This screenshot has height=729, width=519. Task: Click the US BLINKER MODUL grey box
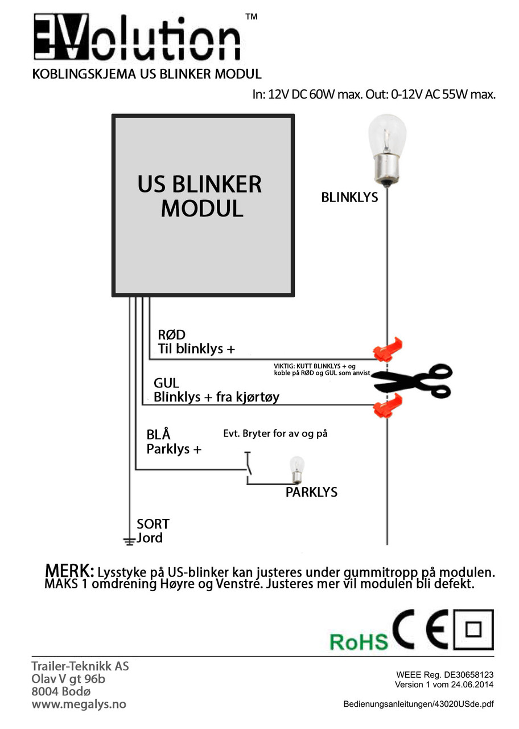pyautogui.click(x=203, y=206)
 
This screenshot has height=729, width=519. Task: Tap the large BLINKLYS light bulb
pyautogui.click(x=387, y=151)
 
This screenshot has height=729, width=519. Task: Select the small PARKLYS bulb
pyautogui.click(x=296, y=470)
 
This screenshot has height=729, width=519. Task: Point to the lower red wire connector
pyautogui.click(x=388, y=405)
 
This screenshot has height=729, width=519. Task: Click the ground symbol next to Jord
pyautogui.click(x=129, y=541)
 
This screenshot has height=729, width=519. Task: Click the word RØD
pyautogui.click(x=172, y=334)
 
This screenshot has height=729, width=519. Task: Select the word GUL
pyautogui.click(x=166, y=383)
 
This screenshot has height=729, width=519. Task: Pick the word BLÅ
pyautogui.click(x=158, y=434)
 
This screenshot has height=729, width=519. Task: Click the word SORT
pyautogui.click(x=153, y=524)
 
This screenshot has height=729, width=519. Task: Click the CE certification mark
pyautogui.click(x=422, y=629)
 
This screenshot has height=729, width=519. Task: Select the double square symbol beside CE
pyautogui.click(x=473, y=629)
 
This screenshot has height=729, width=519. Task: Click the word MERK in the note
pyautogui.click(x=69, y=571)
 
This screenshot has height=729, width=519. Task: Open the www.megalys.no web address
pyautogui.click(x=79, y=705)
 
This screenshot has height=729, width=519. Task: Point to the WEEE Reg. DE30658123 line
pyautogui.click(x=445, y=675)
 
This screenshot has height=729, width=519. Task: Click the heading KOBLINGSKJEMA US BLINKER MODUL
pyautogui.click(x=147, y=74)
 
